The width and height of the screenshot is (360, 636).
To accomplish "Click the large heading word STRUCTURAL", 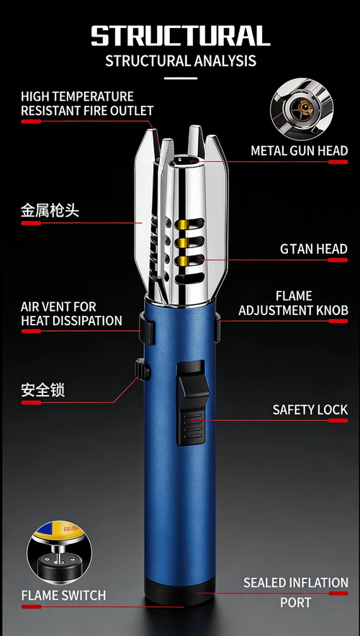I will point(180,35).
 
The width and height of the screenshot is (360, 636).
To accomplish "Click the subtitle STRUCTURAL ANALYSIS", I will point(180,60).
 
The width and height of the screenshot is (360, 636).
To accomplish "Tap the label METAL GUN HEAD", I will point(299,151).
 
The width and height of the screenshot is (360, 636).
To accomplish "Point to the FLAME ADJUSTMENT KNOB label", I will point(293,303).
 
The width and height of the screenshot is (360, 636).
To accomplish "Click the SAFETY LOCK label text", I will point(310,409).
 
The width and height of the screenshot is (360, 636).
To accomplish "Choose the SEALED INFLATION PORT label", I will point(295,591).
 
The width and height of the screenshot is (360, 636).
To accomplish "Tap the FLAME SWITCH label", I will point(63,596).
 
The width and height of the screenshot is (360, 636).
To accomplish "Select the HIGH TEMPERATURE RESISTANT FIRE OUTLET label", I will point(86,104).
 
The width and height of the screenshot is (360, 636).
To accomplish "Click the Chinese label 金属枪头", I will point(50,212).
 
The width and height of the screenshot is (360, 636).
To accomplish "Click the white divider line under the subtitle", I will point(180,78).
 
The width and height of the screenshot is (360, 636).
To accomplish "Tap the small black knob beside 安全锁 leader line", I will point(142,371).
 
